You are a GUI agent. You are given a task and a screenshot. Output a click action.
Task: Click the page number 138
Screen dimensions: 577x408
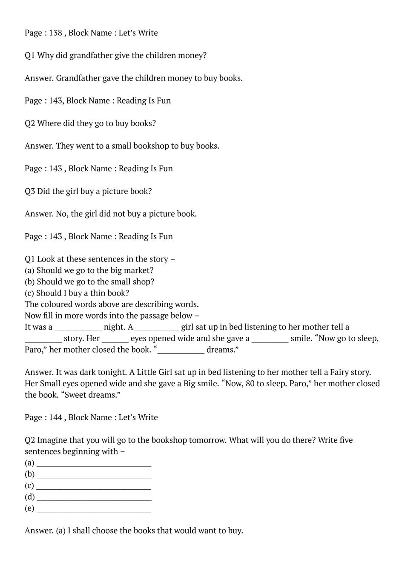pos(55,33)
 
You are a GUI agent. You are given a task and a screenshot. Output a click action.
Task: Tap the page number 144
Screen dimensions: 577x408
pos(55,417)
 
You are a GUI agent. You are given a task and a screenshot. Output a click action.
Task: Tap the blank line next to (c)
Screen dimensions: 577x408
pos(94,486)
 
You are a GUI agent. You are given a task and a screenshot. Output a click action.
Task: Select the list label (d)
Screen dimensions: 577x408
pos(30,497)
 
